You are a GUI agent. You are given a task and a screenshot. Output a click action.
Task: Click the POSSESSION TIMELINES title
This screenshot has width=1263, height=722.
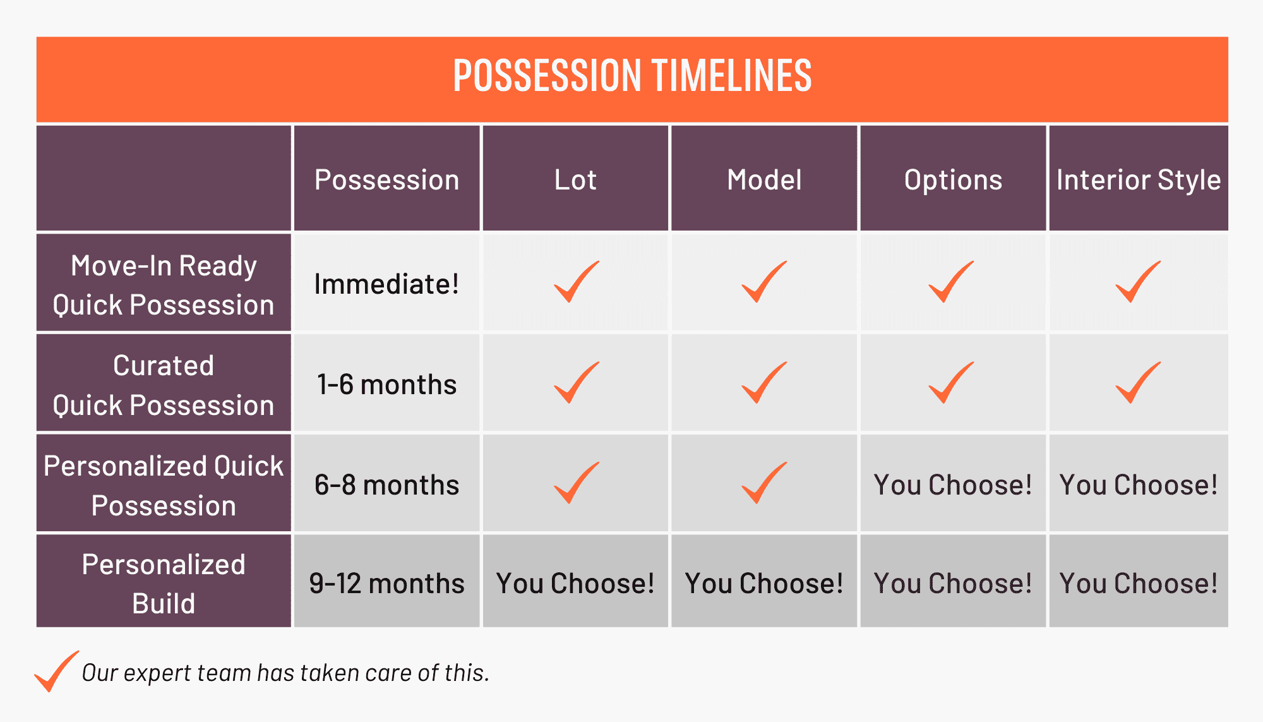(x=632, y=76)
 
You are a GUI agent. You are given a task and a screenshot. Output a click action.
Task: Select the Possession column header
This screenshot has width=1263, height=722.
(x=386, y=180)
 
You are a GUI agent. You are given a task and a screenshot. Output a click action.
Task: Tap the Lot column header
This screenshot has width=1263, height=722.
(x=575, y=180)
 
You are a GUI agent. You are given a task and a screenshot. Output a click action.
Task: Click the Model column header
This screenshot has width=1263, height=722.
(x=764, y=180)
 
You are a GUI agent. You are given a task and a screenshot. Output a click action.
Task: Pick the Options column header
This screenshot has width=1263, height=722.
(x=953, y=180)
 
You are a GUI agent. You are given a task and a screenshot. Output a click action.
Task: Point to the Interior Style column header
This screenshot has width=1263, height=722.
(x=1139, y=180)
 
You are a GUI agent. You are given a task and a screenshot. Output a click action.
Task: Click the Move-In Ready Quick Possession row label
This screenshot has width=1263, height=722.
(x=164, y=285)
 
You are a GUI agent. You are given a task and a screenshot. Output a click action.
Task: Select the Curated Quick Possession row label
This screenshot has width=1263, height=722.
(x=164, y=385)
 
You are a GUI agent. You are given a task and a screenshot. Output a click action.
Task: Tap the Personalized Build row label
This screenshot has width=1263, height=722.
(x=164, y=584)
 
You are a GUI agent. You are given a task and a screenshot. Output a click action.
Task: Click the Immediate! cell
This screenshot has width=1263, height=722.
(x=386, y=284)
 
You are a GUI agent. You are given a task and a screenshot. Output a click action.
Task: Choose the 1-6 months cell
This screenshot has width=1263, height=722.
(x=386, y=385)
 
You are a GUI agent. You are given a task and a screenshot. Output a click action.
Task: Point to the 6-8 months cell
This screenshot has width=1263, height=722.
(x=386, y=485)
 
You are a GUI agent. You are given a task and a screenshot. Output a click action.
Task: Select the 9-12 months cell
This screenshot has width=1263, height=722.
(x=386, y=584)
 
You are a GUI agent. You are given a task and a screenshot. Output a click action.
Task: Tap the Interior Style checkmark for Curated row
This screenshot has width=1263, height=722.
(x=1137, y=383)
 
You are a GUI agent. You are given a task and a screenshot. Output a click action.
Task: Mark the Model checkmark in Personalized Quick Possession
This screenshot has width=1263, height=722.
(x=763, y=483)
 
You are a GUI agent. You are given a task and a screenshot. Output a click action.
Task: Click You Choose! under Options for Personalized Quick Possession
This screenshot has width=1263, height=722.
(x=953, y=485)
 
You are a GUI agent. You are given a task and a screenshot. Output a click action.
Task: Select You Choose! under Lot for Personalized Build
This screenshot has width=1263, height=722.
(x=575, y=584)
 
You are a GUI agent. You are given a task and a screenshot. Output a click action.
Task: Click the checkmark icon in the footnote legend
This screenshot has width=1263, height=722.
(x=56, y=671)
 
